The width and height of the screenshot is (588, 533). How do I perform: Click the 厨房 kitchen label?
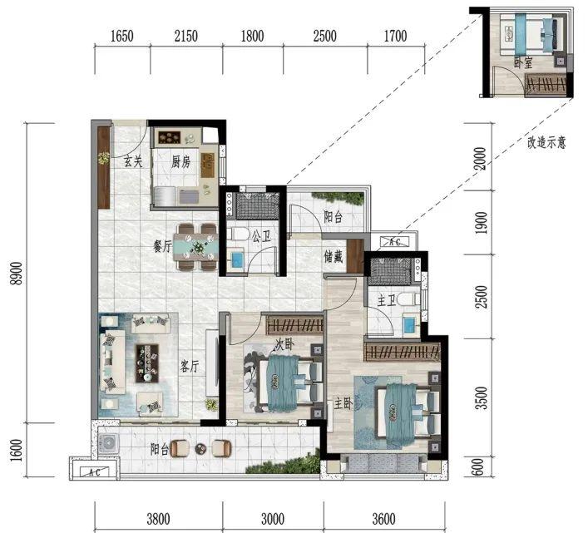[x=180, y=162]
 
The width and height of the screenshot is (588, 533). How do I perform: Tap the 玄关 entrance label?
[x=134, y=162]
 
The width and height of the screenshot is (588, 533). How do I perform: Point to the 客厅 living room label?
[x=190, y=366]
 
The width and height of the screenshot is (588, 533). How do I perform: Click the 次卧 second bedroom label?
[x=284, y=343]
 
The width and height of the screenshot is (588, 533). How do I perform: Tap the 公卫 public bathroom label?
[x=261, y=236]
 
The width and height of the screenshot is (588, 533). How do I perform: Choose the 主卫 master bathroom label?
[x=387, y=301]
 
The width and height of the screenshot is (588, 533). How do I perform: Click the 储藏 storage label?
[x=334, y=257]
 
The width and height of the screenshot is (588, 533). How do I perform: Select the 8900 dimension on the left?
[x=17, y=274]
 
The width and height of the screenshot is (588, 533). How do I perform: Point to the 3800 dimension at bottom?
[x=158, y=519]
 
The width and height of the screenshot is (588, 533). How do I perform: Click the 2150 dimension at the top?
[x=186, y=36]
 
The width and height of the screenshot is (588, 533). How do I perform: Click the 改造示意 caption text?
[x=546, y=142]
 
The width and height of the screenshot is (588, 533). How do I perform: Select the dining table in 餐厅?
[x=195, y=247]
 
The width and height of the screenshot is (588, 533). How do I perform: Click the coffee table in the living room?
[x=146, y=363]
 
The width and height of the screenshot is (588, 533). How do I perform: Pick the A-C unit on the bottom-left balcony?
[x=95, y=472]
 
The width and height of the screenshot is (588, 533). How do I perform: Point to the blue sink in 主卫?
[x=411, y=323]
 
